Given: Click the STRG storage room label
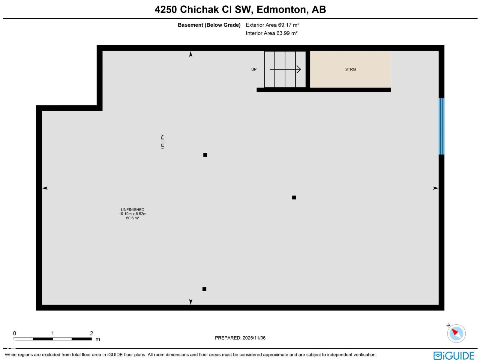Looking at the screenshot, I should click(350, 69).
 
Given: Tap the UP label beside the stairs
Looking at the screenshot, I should click(254, 69).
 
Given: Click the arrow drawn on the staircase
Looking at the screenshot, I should click(285, 69).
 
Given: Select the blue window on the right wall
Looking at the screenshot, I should click(441, 126).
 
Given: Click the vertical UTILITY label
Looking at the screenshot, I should click(163, 141).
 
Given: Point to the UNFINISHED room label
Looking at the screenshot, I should click(133, 210).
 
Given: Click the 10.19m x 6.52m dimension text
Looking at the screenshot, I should click(133, 214).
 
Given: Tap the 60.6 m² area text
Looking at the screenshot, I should click(133, 218).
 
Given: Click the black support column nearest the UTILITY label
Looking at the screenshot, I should click(205, 155).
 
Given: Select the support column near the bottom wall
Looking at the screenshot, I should click(204, 289).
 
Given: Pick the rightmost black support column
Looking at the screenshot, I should click(294, 197).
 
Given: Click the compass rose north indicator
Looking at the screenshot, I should click(456, 333).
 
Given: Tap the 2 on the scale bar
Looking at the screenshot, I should click(91, 333).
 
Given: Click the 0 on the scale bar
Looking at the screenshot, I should click(14, 333).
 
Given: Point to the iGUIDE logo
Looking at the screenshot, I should click(454, 355).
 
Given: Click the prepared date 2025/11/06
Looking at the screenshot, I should click(254, 338).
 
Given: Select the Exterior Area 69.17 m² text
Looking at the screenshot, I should click(272, 25).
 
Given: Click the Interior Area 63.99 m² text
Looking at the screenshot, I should click(271, 33).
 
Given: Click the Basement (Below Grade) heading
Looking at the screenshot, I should click(209, 25).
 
